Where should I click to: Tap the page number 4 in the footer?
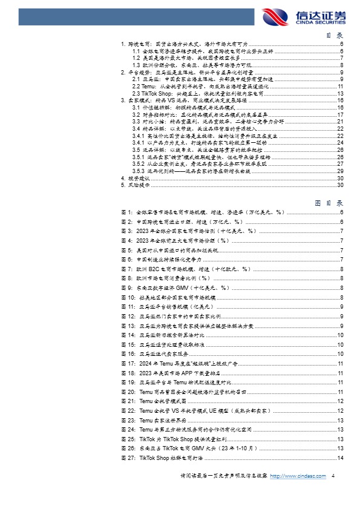point(333,493)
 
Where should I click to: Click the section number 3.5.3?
point(139,171)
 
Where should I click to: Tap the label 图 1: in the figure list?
point(126,213)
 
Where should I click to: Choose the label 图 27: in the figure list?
point(127,457)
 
